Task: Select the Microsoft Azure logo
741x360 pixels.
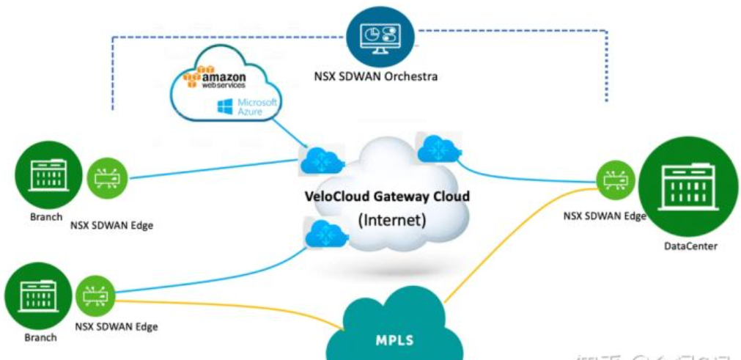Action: (x=247, y=108)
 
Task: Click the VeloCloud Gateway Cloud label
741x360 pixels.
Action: (x=386, y=196)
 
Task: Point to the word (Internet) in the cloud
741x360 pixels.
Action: (x=390, y=219)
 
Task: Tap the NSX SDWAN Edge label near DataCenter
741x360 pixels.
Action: (x=605, y=216)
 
